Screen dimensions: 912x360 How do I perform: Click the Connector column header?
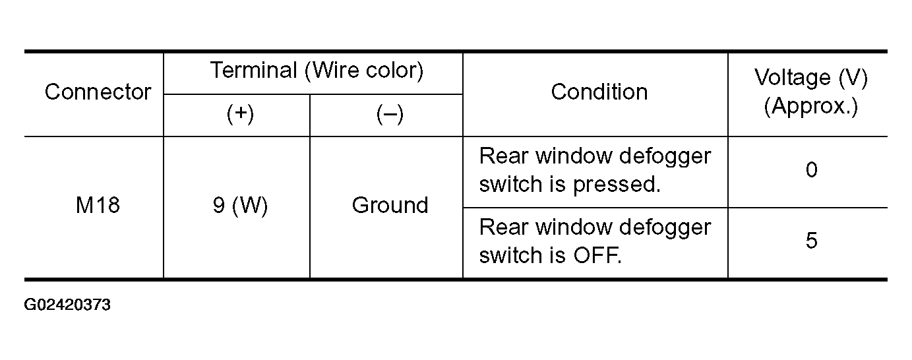tap(98, 92)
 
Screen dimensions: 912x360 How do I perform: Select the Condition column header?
tap(599, 92)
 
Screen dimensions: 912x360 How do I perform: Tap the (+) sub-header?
tap(240, 113)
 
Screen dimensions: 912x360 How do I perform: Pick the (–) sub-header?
tap(390, 114)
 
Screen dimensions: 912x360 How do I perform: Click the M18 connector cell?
tap(98, 205)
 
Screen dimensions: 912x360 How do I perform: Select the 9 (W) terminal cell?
tap(240, 206)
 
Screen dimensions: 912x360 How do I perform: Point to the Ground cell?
tap(390, 205)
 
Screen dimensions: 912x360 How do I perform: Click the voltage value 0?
tap(811, 170)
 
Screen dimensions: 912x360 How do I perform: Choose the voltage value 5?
tap(811, 241)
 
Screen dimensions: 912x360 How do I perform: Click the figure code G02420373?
tap(67, 305)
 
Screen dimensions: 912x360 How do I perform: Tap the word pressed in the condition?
tap(617, 185)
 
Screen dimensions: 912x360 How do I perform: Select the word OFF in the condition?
tap(597, 255)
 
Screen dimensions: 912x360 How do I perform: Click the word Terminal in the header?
tap(254, 70)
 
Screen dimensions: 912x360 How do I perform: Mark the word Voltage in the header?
tap(792, 78)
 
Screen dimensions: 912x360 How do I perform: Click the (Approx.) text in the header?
tap(811, 107)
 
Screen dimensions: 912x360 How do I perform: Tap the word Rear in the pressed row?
tap(504, 156)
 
